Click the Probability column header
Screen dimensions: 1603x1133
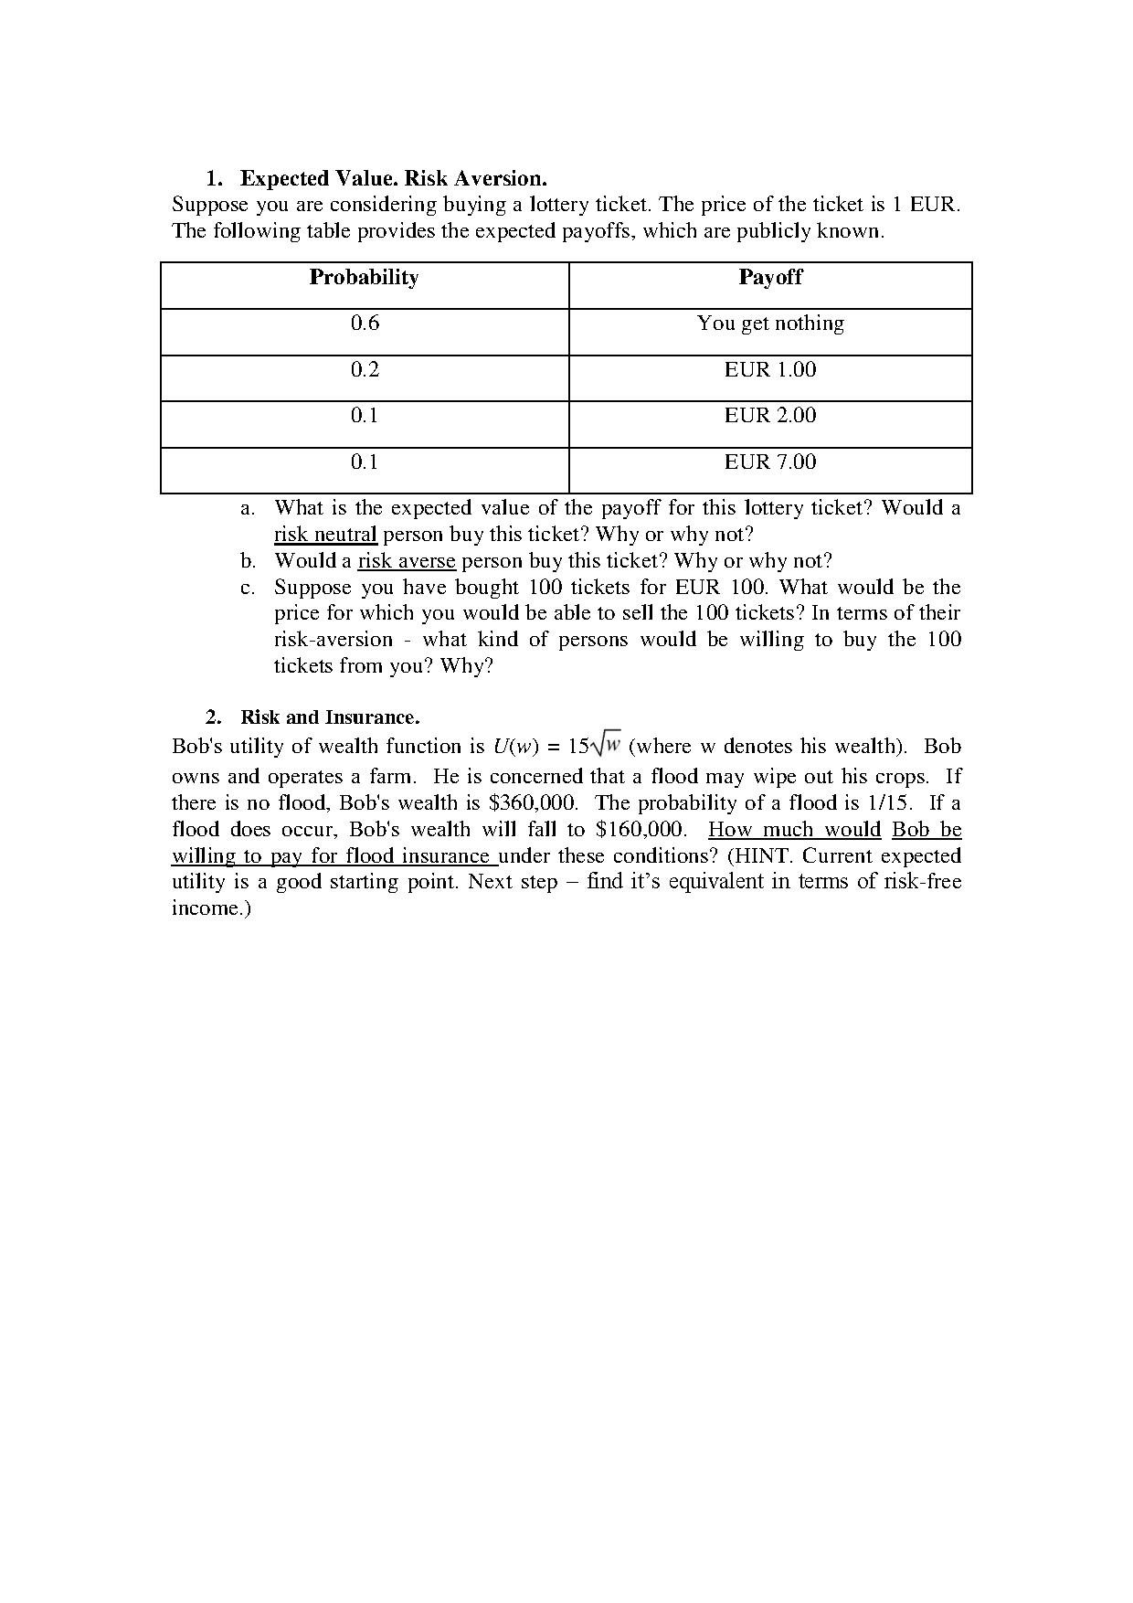pos(364,278)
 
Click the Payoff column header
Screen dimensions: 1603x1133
pos(770,278)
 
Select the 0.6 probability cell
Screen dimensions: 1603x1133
pos(365,324)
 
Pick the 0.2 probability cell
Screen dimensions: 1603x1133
pos(365,370)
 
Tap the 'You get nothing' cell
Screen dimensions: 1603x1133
pos(770,324)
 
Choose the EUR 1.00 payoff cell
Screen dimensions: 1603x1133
pos(770,370)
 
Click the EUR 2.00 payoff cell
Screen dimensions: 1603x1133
pos(770,416)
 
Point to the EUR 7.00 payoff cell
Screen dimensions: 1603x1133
pos(770,462)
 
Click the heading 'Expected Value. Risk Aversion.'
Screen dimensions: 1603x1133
pos(393,178)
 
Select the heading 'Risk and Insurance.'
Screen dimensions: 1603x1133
pos(330,717)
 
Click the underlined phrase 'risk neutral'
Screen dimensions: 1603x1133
pos(325,535)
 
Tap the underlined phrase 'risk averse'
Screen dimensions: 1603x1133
pos(406,561)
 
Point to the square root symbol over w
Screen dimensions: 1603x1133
pos(606,746)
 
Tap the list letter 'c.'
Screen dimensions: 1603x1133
pos(248,588)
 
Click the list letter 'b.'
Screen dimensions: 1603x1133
pos(249,561)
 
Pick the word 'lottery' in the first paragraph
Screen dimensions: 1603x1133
pos(562,205)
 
